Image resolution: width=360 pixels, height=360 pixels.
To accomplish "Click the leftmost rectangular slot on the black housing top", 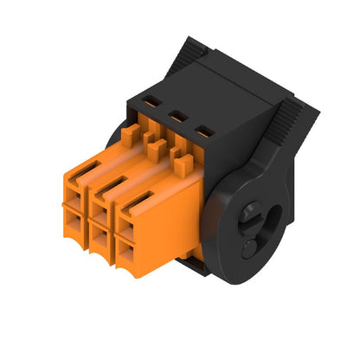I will click(x=152, y=101).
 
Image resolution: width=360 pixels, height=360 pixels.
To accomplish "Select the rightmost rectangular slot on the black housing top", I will click(x=205, y=130).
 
